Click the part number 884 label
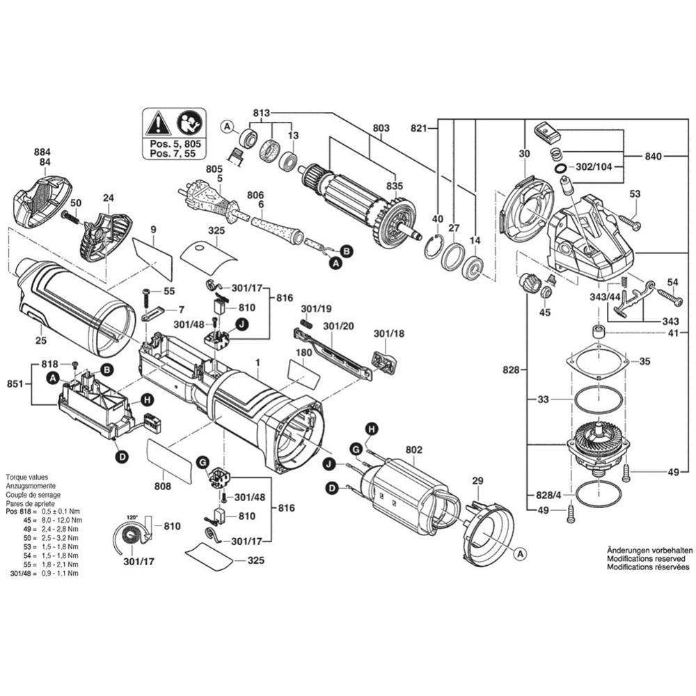click(x=42, y=151)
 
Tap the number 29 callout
click(x=477, y=481)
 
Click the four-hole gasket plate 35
click(x=597, y=362)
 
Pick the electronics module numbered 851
click(x=94, y=404)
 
